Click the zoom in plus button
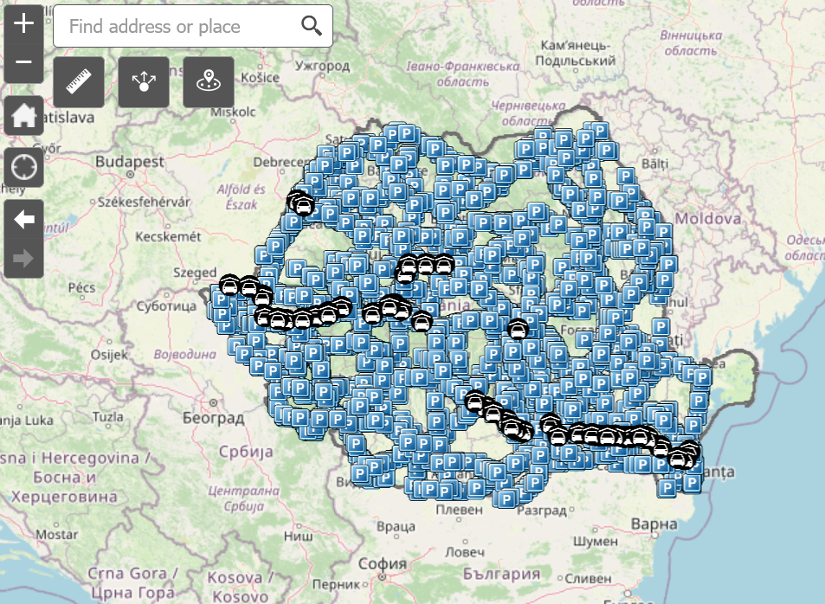[x=23, y=23]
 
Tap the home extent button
[x=23, y=114]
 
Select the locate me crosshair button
[x=23, y=167]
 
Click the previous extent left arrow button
[x=23, y=220]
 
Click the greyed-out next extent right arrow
[x=23, y=258]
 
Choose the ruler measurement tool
[x=79, y=82]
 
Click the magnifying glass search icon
[x=312, y=26]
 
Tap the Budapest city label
[x=130, y=162]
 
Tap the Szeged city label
[x=194, y=272]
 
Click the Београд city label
[x=213, y=419]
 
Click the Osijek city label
[x=109, y=355]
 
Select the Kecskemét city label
[x=169, y=236]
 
